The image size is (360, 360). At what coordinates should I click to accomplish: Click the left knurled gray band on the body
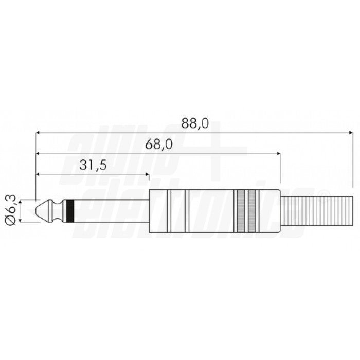[242, 211]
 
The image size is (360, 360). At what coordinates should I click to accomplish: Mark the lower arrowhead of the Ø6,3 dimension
[21, 221]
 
